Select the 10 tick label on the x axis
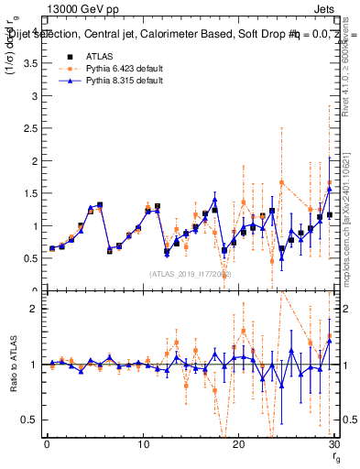pyautogui.click(x=143, y=444)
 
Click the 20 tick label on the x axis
pyautogui.click(x=238, y=444)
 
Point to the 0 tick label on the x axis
pyautogui.click(x=47, y=444)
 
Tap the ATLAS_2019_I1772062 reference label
pyautogui.click(x=190, y=273)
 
